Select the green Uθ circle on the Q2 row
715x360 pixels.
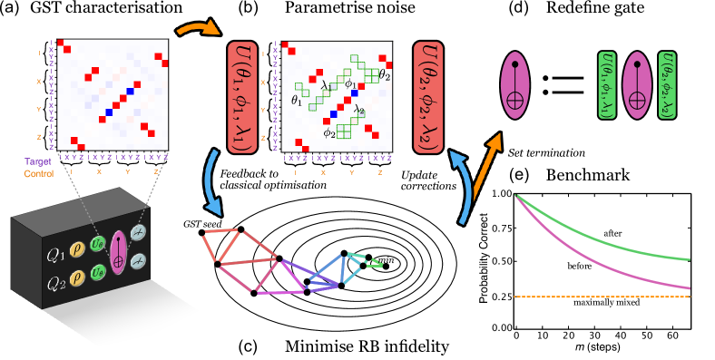pyautogui.click(x=98, y=272)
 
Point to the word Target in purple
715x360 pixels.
pyautogui.click(x=39, y=161)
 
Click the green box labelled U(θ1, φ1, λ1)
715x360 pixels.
pyautogui.click(x=607, y=84)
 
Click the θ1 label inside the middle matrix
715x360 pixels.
pyautogui.click(x=296, y=100)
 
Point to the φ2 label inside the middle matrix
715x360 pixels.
pyautogui.click(x=328, y=133)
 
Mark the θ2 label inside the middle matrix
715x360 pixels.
pyautogui.click(x=384, y=74)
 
